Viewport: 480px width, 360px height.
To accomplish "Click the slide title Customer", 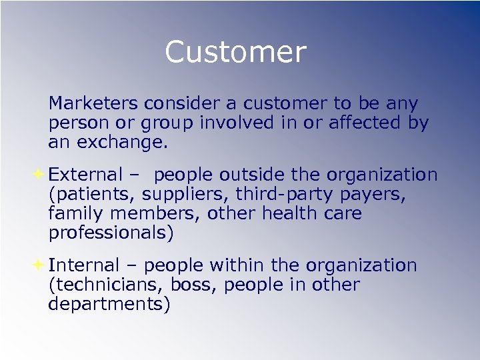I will [x=235, y=52].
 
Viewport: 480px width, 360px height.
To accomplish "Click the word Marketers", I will [x=93, y=104].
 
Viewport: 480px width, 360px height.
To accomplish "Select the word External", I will [x=86, y=175].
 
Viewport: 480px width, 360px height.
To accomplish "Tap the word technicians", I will [x=107, y=285].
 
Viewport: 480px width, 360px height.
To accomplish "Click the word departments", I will [x=109, y=305].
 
